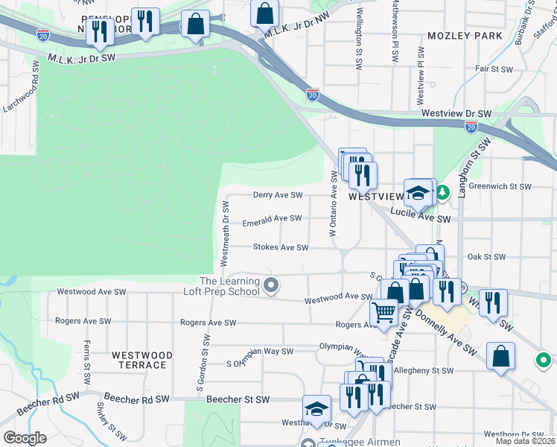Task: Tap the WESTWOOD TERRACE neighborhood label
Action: point(141,360)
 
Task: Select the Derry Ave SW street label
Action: point(278,195)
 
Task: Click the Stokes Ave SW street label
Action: point(280,247)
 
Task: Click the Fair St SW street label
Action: point(494,69)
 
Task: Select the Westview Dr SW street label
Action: point(456,113)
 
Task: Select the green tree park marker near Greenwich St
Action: point(443,193)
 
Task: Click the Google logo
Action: point(25,438)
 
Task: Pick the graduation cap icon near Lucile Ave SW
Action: point(418,193)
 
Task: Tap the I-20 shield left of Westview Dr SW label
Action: point(313,95)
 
